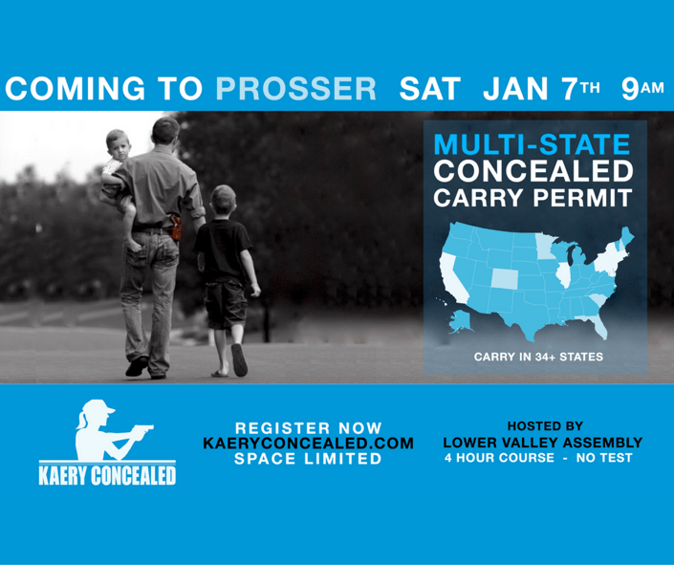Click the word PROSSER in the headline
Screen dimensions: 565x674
click(x=295, y=89)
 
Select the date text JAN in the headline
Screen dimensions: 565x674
click(x=518, y=89)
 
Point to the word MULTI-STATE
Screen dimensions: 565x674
click(x=532, y=146)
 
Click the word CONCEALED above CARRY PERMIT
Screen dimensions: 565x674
click(x=533, y=173)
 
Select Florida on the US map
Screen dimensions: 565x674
click(x=599, y=325)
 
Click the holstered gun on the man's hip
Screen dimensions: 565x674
click(x=175, y=230)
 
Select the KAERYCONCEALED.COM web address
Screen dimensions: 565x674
click(x=309, y=444)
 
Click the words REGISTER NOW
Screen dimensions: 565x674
click(x=309, y=428)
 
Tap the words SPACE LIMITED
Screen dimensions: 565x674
click(x=309, y=459)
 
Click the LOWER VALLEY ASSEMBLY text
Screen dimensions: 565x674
click(x=542, y=443)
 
